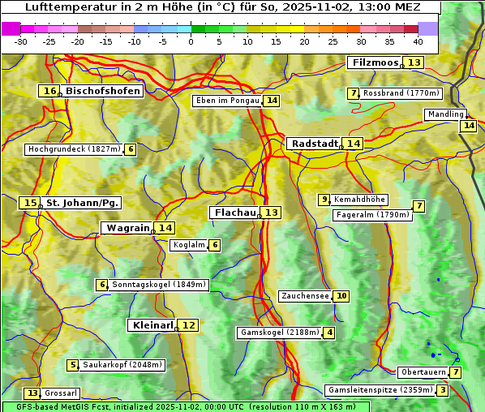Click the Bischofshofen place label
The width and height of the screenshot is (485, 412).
pyautogui.click(x=103, y=91)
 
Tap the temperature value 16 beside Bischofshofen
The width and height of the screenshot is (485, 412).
pyautogui.click(x=50, y=91)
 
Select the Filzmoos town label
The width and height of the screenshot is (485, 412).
pyautogui.click(x=375, y=62)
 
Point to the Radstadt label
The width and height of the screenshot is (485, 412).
pyautogui.click(x=315, y=143)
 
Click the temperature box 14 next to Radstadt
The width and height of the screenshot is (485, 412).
pyautogui.click(x=353, y=143)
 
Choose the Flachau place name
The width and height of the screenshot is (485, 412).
pyautogui.click(x=236, y=212)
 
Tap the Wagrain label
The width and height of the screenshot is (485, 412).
pyautogui.click(x=128, y=228)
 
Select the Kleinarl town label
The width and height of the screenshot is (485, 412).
pyautogui.click(x=152, y=325)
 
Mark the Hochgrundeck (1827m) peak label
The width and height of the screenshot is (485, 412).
pyautogui.click(x=73, y=149)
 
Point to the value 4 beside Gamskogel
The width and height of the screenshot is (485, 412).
pyautogui.click(x=329, y=333)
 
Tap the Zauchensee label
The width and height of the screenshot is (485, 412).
pyautogui.click(x=305, y=296)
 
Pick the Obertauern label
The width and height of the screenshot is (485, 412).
pyautogui.click(x=423, y=372)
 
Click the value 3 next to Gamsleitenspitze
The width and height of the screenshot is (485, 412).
pyautogui.click(x=442, y=390)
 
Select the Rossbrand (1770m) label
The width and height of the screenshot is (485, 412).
pyautogui.click(x=401, y=93)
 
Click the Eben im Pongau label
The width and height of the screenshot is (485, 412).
pyautogui.click(x=227, y=101)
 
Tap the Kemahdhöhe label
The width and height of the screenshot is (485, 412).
pyautogui.click(x=359, y=200)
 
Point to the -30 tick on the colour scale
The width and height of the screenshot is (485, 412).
pyautogui.click(x=21, y=41)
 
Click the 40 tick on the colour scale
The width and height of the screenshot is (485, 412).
pyautogui.click(x=418, y=41)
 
